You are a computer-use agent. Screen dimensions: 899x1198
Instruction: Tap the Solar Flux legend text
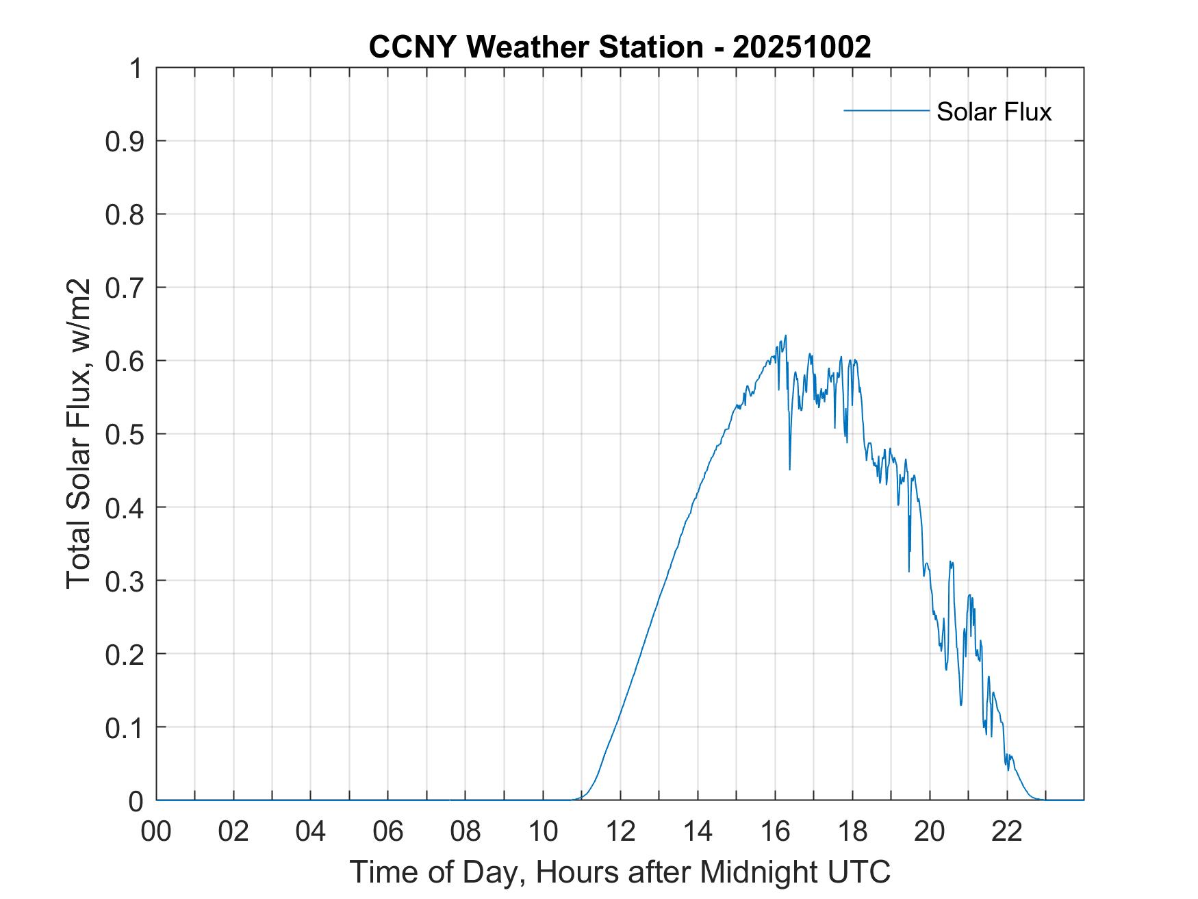click(993, 112)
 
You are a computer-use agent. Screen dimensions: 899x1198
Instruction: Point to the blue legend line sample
click(886, 110)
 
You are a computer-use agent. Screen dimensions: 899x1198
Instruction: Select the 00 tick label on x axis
click(156, 832)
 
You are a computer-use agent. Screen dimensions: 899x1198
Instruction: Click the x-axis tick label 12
click(620, 832)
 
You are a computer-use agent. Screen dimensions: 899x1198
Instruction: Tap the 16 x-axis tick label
click(775, 832)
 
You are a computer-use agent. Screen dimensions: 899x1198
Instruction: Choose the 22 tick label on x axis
click(1007, 832)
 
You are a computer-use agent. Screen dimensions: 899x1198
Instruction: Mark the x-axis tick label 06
click(388, 832)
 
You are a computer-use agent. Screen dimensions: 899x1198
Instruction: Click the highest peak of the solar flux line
click(786, 335)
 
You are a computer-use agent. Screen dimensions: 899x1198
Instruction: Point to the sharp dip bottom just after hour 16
click(790, 469)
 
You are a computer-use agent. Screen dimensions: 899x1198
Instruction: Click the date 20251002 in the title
click(802, 47)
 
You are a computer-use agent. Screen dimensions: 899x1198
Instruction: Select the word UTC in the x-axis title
click(863, 872)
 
